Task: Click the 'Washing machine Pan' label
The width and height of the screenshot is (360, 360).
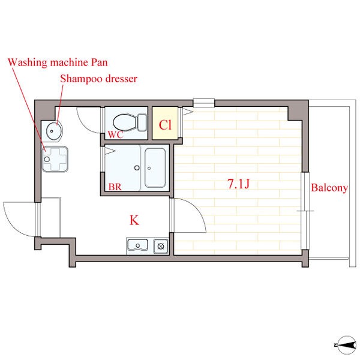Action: [58, 62]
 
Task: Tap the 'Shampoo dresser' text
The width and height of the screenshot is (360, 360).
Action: [99, 79]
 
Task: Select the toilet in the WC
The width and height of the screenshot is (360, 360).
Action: [130, 122]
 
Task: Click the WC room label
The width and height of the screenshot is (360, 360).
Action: [115, 134]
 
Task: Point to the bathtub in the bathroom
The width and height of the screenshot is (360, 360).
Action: [155, 168]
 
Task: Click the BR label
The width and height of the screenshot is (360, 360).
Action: [115, 187]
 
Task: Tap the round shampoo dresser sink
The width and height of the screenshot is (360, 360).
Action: [54, 131]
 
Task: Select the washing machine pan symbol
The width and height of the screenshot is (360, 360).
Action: [55, 160]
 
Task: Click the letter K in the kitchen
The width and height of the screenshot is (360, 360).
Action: [134, 220]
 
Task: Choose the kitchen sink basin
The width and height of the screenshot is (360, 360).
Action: [138, 245]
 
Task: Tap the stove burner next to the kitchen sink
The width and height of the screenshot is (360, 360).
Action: [161, 247]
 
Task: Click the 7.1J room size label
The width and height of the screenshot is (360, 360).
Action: [239, 184]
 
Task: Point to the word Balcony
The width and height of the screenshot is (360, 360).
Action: [329, 188]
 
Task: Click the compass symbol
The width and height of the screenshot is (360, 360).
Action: [346, 345]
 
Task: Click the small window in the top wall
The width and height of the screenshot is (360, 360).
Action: [203, 103]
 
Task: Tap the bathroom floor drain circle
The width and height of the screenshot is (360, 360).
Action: [137, 168]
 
